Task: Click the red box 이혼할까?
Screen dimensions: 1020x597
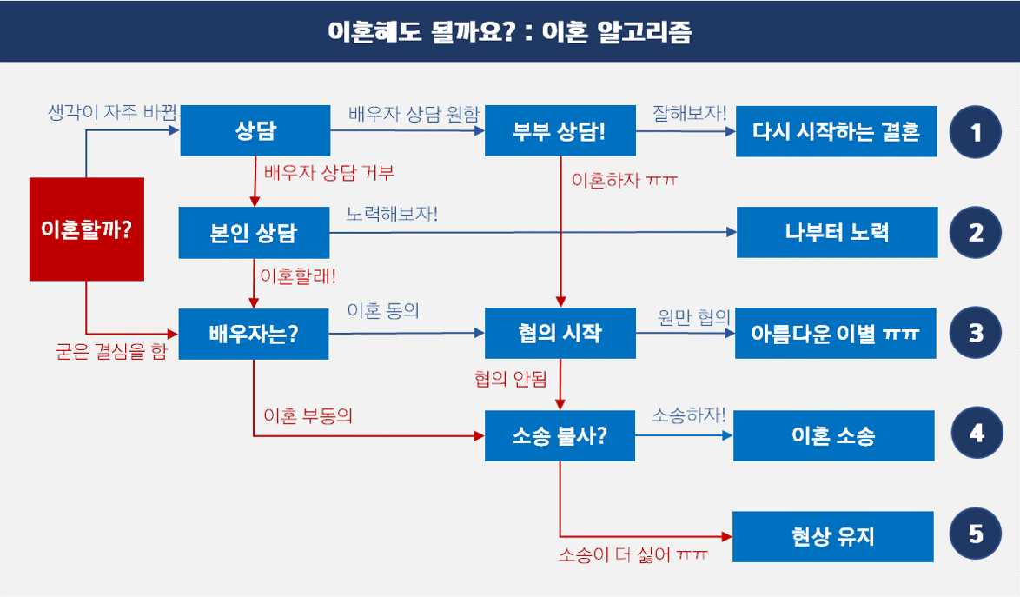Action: [x=87, y=229]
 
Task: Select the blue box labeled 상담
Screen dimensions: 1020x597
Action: [x=255, y=130]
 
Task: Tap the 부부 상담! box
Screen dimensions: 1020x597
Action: [x=560, y=130]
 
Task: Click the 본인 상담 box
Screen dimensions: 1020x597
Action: [x=254, y=232]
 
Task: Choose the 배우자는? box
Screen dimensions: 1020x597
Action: [x=254, y=334]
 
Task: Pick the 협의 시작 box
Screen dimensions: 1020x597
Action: [x=560, y=333]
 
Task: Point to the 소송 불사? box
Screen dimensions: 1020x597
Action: [x=560, y=435]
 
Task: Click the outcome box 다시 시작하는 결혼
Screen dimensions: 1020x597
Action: [x=837, y=131]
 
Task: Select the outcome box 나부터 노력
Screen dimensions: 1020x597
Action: [x=838, y=232]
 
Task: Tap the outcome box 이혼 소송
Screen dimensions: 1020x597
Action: [x=834, y=435]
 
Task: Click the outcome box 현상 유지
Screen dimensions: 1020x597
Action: [x=833, y=536]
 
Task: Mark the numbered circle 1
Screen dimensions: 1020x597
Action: [x=976, y=132]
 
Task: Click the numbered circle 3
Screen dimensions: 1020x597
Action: [x=976, y=333]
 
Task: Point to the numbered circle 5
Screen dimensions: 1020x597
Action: [x=976, y=534]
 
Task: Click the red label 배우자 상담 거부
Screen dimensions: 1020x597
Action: [x=329, y=173]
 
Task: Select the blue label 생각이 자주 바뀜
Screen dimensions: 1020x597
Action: [x=113, y=112]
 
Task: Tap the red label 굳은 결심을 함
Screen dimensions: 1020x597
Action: [x=111, y=351]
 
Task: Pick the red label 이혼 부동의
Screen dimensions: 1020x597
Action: [x=308, y=415]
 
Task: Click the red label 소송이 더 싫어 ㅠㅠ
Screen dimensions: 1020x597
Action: [x=633, y=554]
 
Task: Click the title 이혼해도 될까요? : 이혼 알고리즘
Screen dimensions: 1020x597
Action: [x=509, y=31]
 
